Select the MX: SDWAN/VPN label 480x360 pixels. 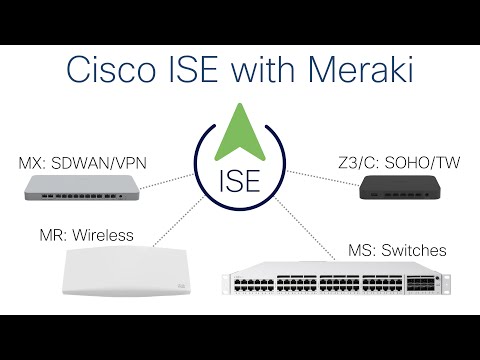(x=80, y=162)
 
